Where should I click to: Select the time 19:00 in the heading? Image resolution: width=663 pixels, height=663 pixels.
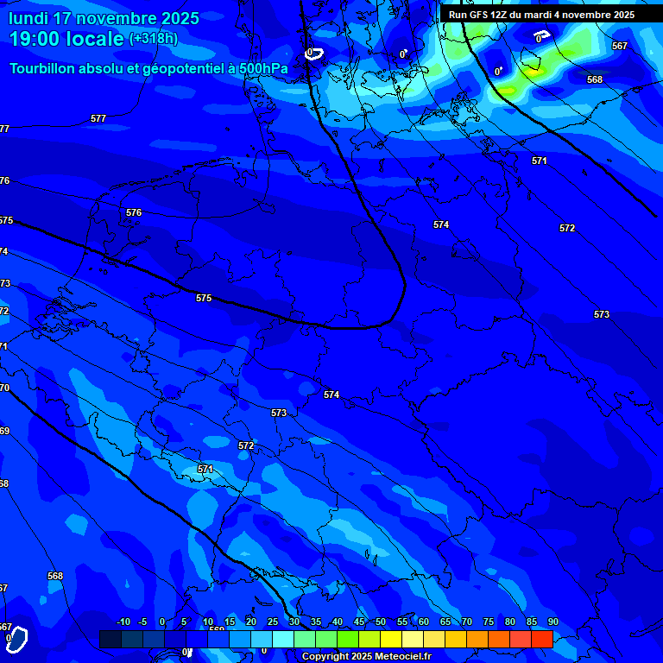[41, 39]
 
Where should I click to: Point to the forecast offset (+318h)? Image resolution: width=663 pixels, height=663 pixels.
[154, 39]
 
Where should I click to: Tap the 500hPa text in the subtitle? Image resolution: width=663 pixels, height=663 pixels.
[265, 68]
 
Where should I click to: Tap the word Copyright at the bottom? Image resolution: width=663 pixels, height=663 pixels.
[325, 657]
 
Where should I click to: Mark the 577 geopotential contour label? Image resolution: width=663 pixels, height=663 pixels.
[98, 118]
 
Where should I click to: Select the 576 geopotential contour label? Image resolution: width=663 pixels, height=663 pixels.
[134, 212]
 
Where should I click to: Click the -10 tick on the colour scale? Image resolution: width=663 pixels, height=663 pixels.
[123, 622]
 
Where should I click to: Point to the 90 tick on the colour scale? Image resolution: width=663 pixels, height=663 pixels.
[552, 622]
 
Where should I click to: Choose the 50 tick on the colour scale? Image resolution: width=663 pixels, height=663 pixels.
[381, 622]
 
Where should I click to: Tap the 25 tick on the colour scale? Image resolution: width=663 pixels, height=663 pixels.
[273, 622]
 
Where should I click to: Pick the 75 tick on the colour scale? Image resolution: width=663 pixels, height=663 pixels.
[489, 622]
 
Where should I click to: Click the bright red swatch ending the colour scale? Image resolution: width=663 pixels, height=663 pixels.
[541, 639]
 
